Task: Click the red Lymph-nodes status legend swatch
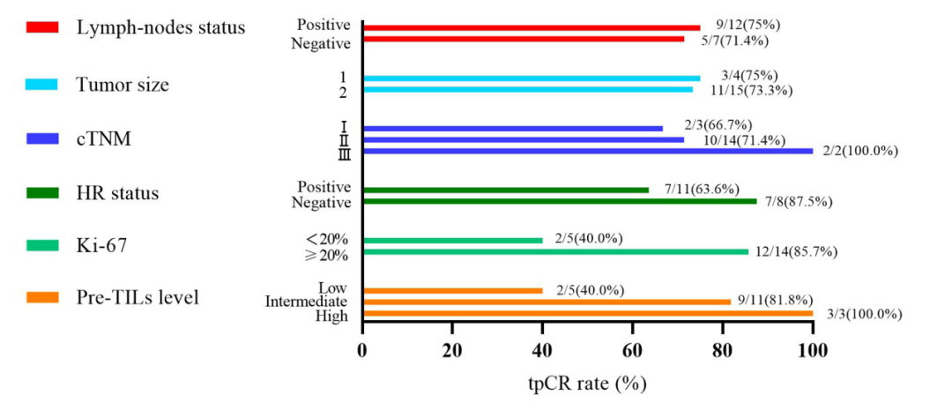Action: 41,27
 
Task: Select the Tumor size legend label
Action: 123,85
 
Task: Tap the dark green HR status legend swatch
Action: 41,193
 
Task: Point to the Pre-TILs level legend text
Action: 138,297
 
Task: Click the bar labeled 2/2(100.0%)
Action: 587,151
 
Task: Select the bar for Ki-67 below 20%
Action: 452,241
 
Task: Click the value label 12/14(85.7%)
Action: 796,252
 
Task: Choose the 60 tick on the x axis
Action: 632,351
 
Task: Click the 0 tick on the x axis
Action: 362,351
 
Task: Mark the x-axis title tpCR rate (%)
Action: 587,384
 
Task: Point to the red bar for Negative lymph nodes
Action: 523,39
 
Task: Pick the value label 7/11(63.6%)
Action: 702,189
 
